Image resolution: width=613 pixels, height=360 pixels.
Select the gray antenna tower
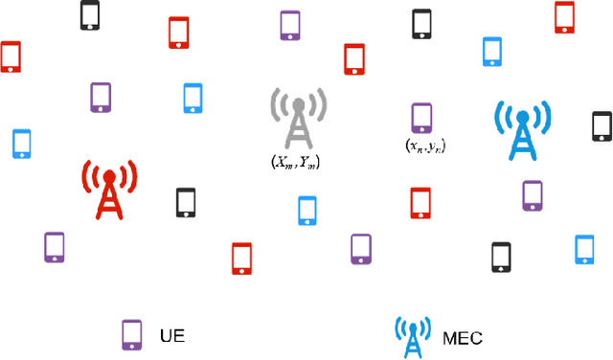click(x=298, y=121)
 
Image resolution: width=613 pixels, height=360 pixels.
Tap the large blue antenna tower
click(x=522, y=130)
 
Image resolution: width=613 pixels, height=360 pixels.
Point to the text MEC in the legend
click(x=463, y=337)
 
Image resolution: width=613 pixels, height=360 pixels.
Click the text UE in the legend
click(x=172, y=335)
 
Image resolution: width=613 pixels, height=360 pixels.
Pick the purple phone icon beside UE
click(x=131, y=334)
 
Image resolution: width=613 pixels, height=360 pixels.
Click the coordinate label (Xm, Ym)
click(x=296, y=163)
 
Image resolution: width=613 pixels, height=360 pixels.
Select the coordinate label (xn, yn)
click(x=425, y=146)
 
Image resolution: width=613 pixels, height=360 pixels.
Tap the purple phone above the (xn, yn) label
click(x=420, y=118)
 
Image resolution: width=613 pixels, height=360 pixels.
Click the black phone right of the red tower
click(x=186, y=202)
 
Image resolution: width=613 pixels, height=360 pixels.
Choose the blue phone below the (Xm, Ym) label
click(x=307, y=211)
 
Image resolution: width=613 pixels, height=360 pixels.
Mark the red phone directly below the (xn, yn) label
click(x=420, y=202)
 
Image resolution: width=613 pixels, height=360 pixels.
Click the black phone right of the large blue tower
click(x=602, y=125)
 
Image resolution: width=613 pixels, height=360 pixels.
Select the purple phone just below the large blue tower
click(x=533, y=194)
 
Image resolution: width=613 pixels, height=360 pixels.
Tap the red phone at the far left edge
click(x=11, y=56)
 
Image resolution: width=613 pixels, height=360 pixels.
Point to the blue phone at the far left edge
click(x=22, y=143)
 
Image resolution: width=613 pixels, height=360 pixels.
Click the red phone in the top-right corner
click(x=564, y=16)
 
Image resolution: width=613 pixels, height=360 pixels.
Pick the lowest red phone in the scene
click(x=241, y=258)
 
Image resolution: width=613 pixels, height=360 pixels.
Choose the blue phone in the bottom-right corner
click(x=584, y=248)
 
